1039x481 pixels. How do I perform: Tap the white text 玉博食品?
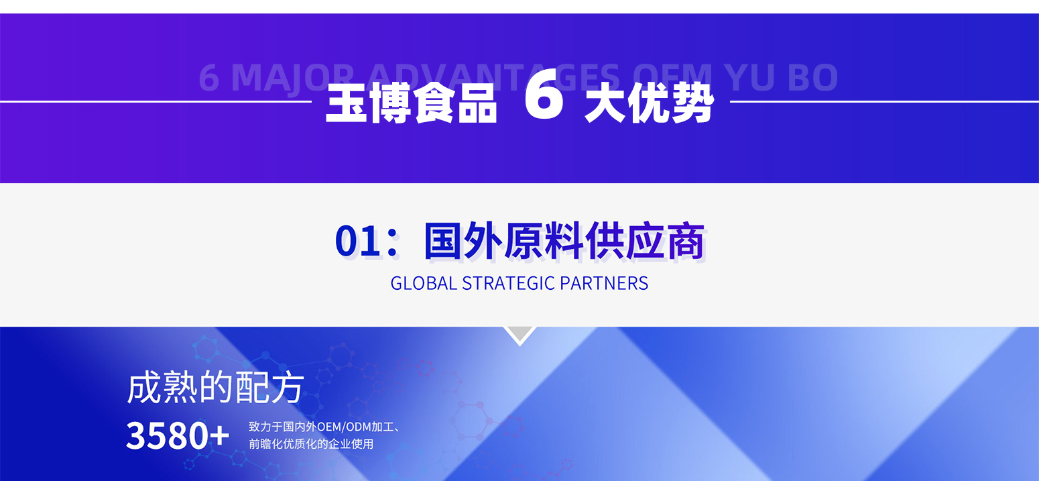(x=412, y=103)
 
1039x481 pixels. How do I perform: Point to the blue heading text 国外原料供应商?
(x=564, y=241)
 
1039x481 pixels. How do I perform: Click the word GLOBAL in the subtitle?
(x=424, y=283)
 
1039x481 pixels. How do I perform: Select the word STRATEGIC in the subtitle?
(x=508, y=283)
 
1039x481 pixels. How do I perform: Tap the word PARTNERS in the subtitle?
(x=604, y=283)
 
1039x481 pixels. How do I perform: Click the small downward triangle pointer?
(x=520, y=334)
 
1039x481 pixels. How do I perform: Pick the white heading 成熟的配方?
(x=216, y=387)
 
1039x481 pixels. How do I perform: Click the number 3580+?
(x=178, y=435)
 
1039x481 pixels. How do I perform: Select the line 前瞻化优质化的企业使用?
(x=311, y=444)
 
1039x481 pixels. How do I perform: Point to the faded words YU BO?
(x=782, y=77)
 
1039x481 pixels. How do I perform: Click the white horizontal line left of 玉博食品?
(x=156, y=101)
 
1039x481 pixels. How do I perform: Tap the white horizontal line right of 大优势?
(x=885, y=101)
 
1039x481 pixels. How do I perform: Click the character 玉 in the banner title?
(x=347, y=103)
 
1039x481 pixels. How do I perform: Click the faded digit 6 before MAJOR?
(x=208, y=78)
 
